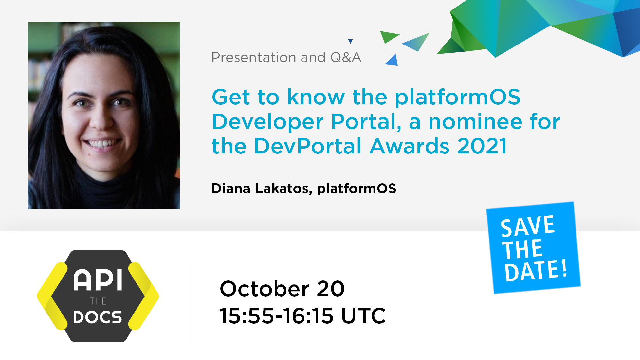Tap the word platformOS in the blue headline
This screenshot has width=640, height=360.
click(457, 98)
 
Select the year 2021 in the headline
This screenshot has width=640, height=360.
click(482, 146)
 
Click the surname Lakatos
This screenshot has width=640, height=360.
click(283, 189)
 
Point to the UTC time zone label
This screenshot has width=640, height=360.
click(363, 316)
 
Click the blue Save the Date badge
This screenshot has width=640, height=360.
click(533, 248)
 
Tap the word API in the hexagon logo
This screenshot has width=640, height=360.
click(98, 280)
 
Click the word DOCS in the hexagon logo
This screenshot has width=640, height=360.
click(98, 317)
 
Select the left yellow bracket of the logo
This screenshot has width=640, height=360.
click(52, 296)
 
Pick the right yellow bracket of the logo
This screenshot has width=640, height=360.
click(143, 296)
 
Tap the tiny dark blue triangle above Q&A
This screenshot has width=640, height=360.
click(350, 41)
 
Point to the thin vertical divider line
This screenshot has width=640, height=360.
click(189, 303)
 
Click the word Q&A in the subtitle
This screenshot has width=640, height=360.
click(346, 57)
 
